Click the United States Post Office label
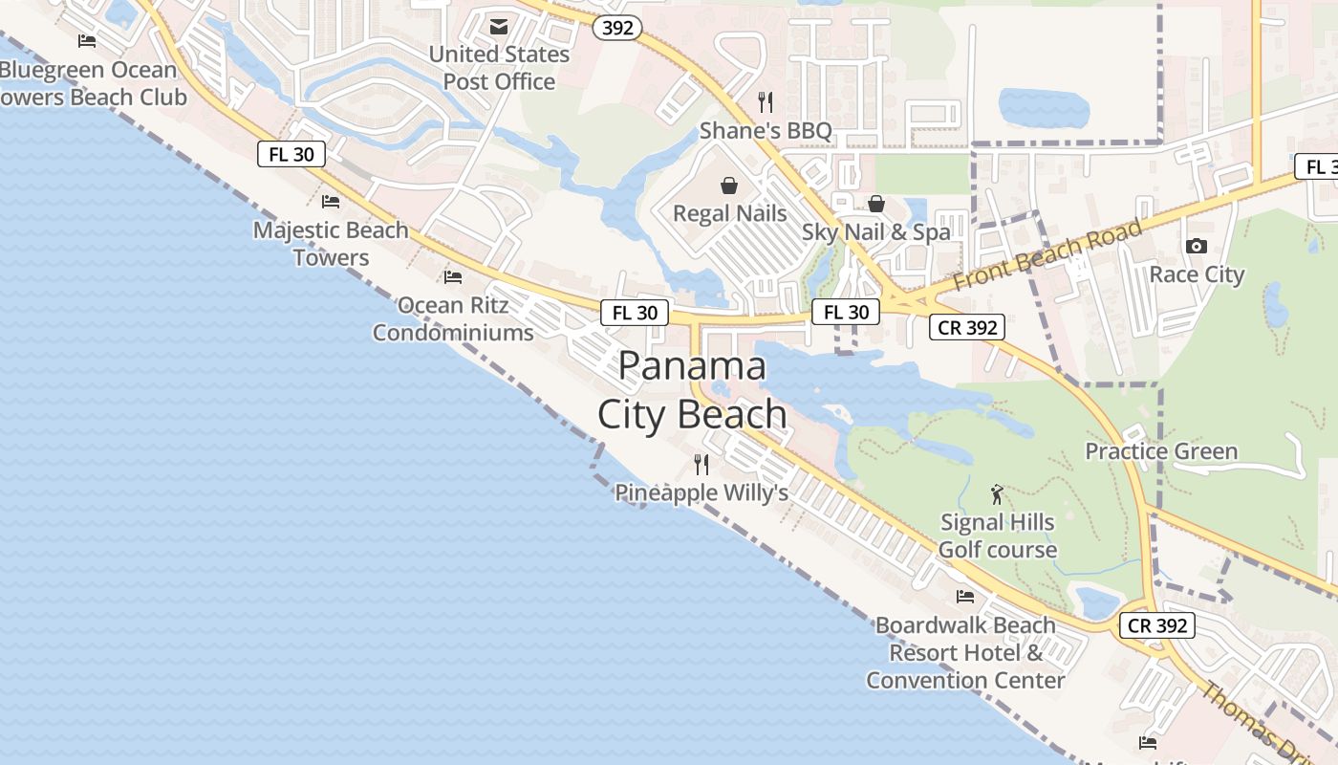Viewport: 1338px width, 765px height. click(x=499, y=68)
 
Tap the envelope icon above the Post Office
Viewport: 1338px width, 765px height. click(x=499, y=27)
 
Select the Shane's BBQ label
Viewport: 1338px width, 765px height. click(x=766, y=130)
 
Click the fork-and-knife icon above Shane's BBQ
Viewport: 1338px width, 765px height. click(x=765, y=100)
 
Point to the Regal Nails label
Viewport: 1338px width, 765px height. click(x=730, y=213)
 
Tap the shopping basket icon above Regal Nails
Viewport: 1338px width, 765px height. click(x=729, y=185)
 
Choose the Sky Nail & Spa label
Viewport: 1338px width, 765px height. click(x=876, y=231)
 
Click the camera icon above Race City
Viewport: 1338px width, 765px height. click(x=1196, y=247)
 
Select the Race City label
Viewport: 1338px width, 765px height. click(x=1197, y=275)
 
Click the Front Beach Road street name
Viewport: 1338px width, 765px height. click(x=1047, y=255)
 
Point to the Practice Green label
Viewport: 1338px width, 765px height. click(x=1161, y=451)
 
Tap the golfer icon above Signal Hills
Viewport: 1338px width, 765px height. click(x=998, y=494)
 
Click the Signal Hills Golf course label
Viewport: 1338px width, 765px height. click(x=998, y=535)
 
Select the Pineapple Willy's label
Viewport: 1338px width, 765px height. click(x=701, y=492)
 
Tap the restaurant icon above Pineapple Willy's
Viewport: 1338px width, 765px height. click(x=701, y=465)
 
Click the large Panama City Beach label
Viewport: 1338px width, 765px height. click(x=692, y=390)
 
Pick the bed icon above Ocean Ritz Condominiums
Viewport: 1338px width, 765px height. click(x=453, y=277)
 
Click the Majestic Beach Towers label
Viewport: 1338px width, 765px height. click(x=331, y=244)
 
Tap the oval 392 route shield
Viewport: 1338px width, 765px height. click(x=617, y=28)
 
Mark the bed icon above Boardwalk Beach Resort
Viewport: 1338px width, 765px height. click(x=965, y=597)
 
